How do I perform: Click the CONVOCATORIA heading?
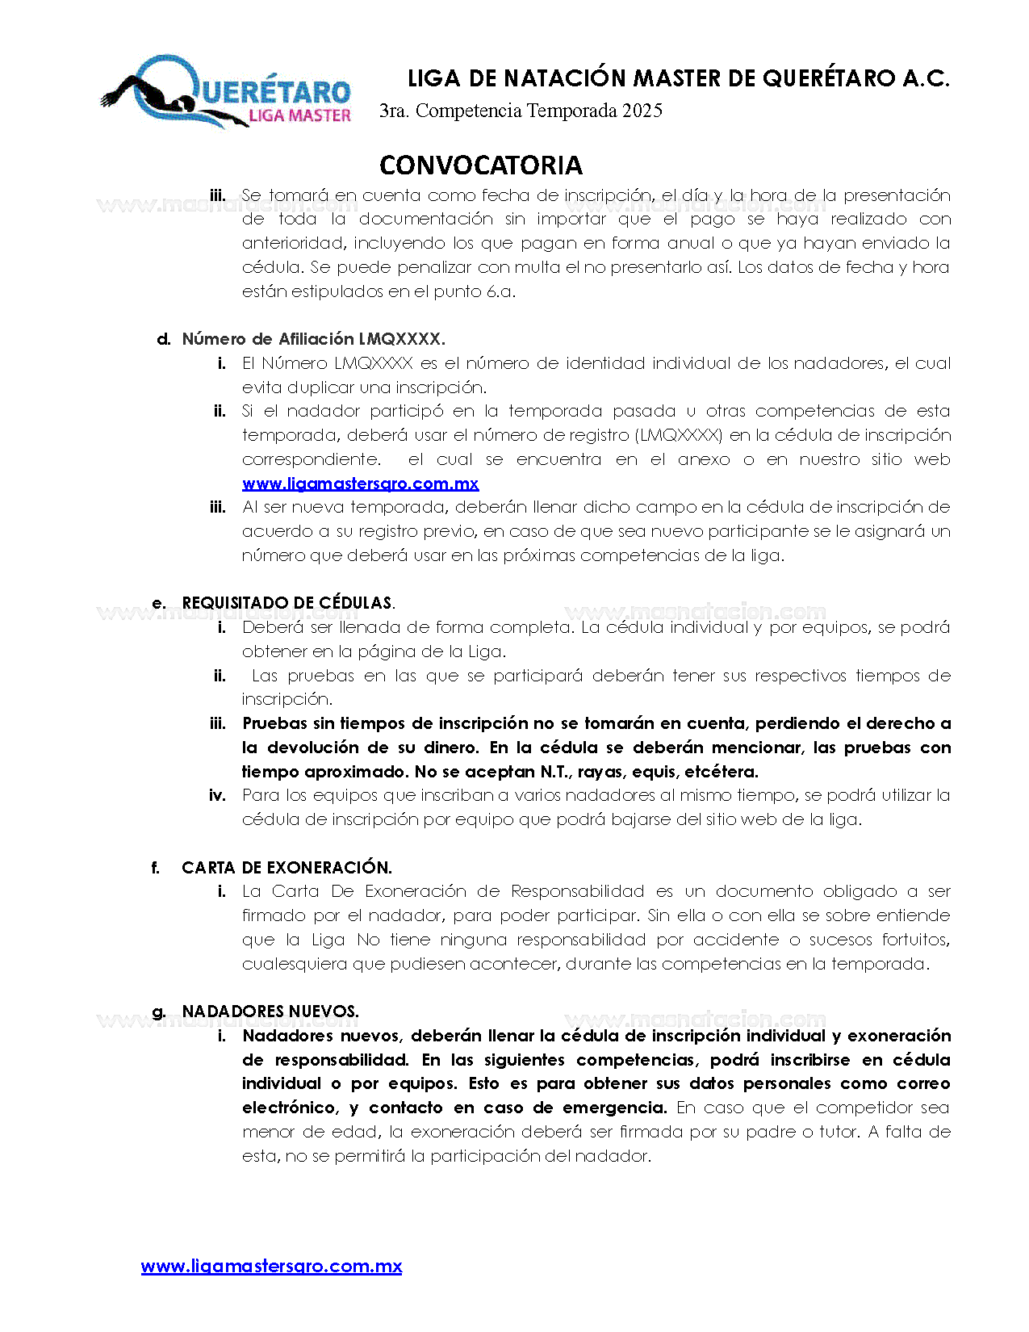click(x=481, y=165)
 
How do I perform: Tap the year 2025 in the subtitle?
click(x=642, y=111)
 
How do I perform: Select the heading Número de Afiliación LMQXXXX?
click(x=313, y=339)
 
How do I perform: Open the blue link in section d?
click(x=360, y=484)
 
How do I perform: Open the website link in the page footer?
click(x=271, y=1266)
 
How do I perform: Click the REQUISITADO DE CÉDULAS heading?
click(x=288, y=603)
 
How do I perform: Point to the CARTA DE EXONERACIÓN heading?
click(x=287, y=868)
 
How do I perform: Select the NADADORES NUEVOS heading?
click(x=270, y=1012)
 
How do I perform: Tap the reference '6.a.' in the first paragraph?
click(x=500, y=291)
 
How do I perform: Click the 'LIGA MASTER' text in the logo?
click(x=299, y=116)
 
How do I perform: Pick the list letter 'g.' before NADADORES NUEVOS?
click(x=159, y=1012)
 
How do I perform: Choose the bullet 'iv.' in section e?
click(x=217, y=796)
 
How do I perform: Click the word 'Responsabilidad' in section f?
click(x=578, y=892)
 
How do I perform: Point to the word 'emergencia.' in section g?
click(x=614, y=1108)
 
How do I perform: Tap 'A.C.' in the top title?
click(x=926, y=78)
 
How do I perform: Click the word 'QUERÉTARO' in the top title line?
click(x=829, y=78)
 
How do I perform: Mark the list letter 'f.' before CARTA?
click(x=156, y=868)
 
